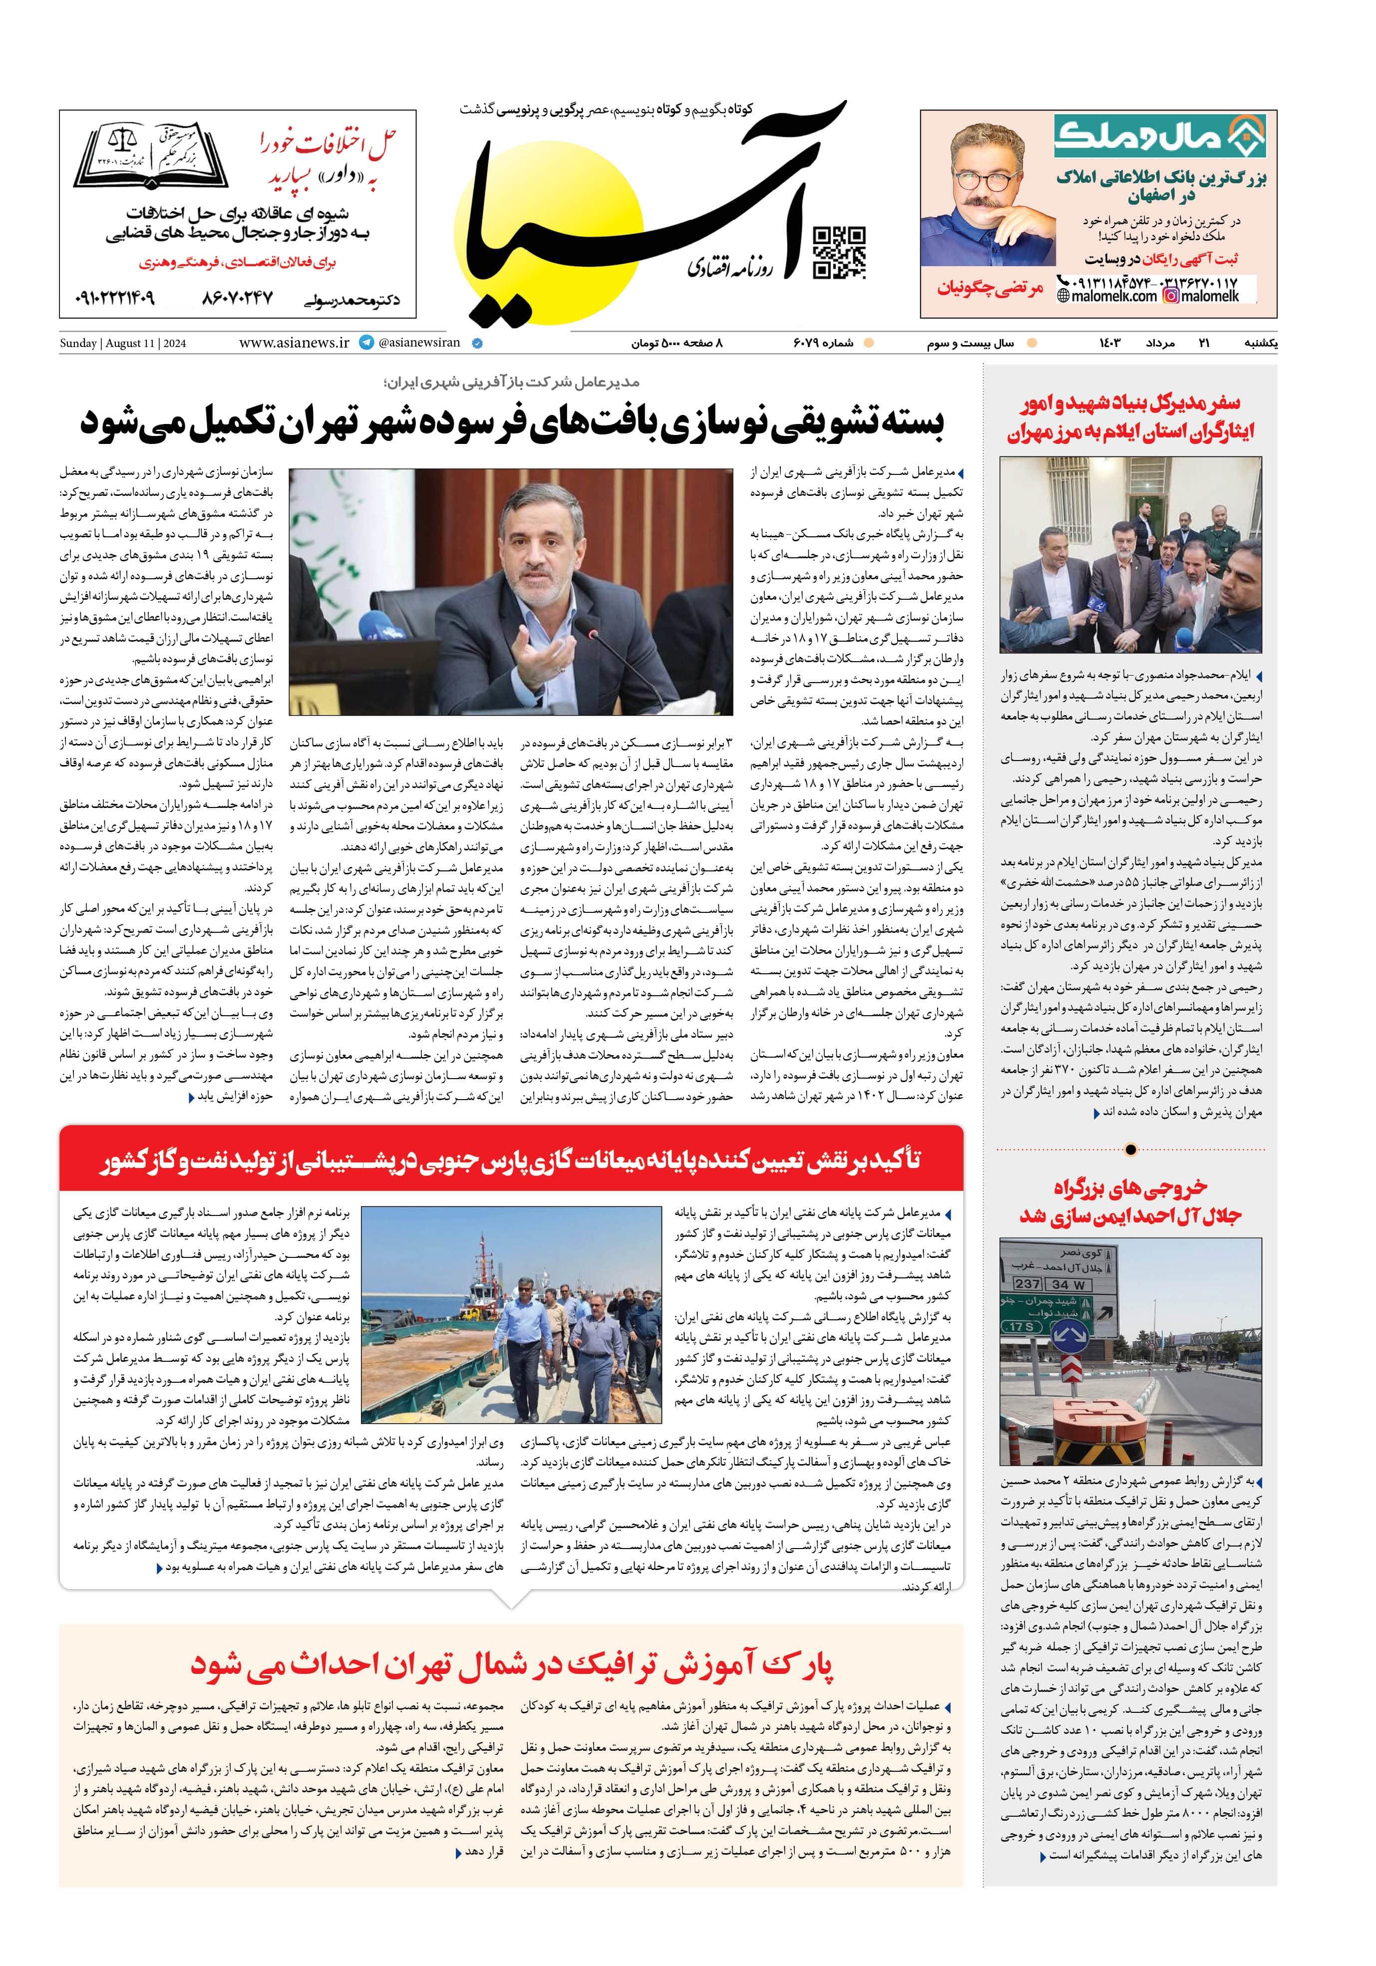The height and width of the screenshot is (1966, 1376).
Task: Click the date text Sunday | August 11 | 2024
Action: [122, 344]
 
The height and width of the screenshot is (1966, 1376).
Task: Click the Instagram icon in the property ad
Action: [1171, 296]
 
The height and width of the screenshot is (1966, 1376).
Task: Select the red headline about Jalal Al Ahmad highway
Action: [1130, 1200]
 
